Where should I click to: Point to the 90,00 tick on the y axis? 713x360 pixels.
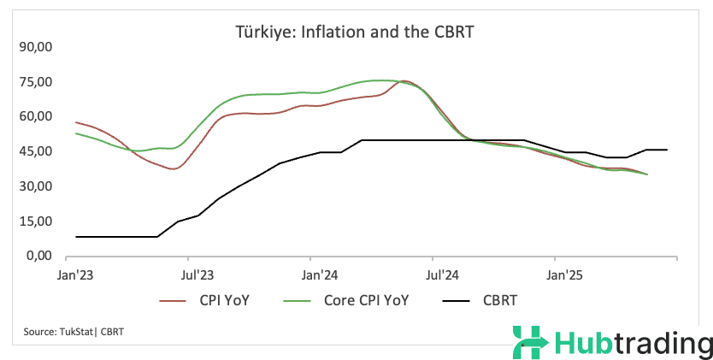(x=36, y=46)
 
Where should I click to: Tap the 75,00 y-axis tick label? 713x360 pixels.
(x=36, y=81)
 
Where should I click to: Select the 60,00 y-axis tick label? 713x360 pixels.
(x=36, y=116)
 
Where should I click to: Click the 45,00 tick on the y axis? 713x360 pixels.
(x=36, y=151)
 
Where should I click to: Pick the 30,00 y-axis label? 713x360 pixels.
(x=36, y=186)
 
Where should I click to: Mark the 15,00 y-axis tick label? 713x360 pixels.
(x=36, y=221)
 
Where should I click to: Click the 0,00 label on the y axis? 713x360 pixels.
(x=39, y=256)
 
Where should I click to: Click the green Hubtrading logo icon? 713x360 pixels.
(x=529, y=344)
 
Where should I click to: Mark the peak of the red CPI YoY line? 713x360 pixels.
(x=404, y=81)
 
